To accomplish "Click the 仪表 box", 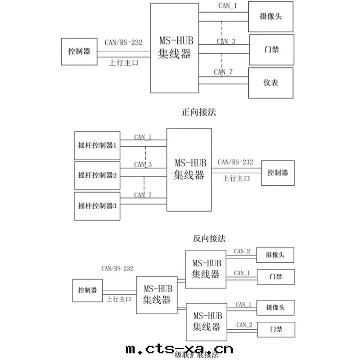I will pyautogui.click(x=271, y=83).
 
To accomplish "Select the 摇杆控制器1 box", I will pyautogui.click(x=97, y=146).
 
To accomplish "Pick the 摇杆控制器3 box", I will pyautogui.click(x=97, y=206).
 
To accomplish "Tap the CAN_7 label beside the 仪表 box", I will pyautogui.click(x=223, y=72).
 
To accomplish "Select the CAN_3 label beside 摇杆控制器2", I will pyautogui.click(x=143, y=165).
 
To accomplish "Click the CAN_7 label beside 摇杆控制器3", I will pyautogui.click(x=143, y=195).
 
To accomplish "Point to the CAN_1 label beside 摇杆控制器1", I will pyautogui.click(x=143, y=137).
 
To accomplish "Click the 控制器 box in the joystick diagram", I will pyautogui.click(x=278, y=173).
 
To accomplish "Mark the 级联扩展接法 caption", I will pyautogui.click(x=196, y=355).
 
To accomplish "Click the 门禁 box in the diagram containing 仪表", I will pyautogui.click(x=271, y=49).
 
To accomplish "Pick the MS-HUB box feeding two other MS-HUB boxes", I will pyautogui.click(x=157, y=295).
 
